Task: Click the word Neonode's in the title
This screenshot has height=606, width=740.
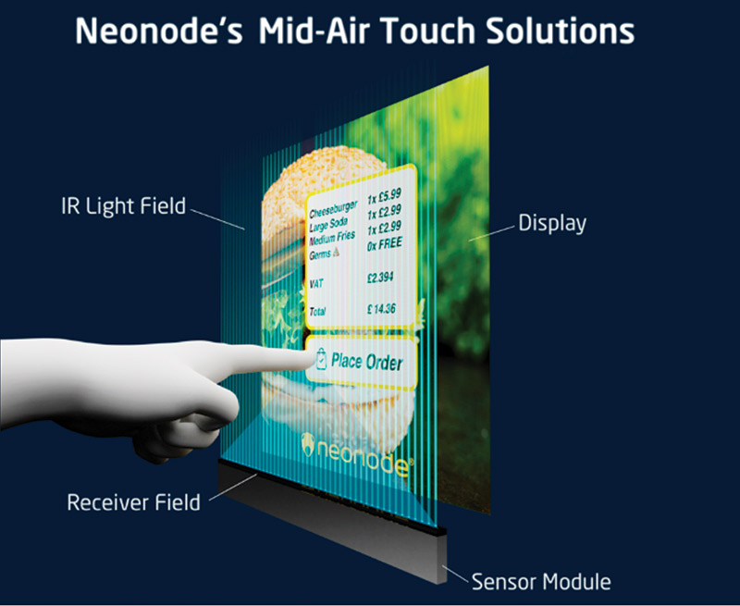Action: (159, 31)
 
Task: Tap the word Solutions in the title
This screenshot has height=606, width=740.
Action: (561, 31)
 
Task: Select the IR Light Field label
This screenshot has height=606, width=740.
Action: (124, 206)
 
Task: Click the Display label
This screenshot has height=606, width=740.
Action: (552, 223)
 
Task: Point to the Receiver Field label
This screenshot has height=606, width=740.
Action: (133, 502)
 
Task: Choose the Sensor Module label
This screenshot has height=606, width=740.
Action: (541, 581)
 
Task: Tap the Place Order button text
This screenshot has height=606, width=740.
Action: (366, 362)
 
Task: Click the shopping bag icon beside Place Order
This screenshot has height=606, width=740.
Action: (321, 359)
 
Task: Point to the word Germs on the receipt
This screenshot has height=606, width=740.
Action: (319, 254)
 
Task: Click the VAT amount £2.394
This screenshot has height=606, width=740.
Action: (380, 278)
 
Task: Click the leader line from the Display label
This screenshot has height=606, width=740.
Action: (491, 233)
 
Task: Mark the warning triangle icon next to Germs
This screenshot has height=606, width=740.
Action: (336, 252)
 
